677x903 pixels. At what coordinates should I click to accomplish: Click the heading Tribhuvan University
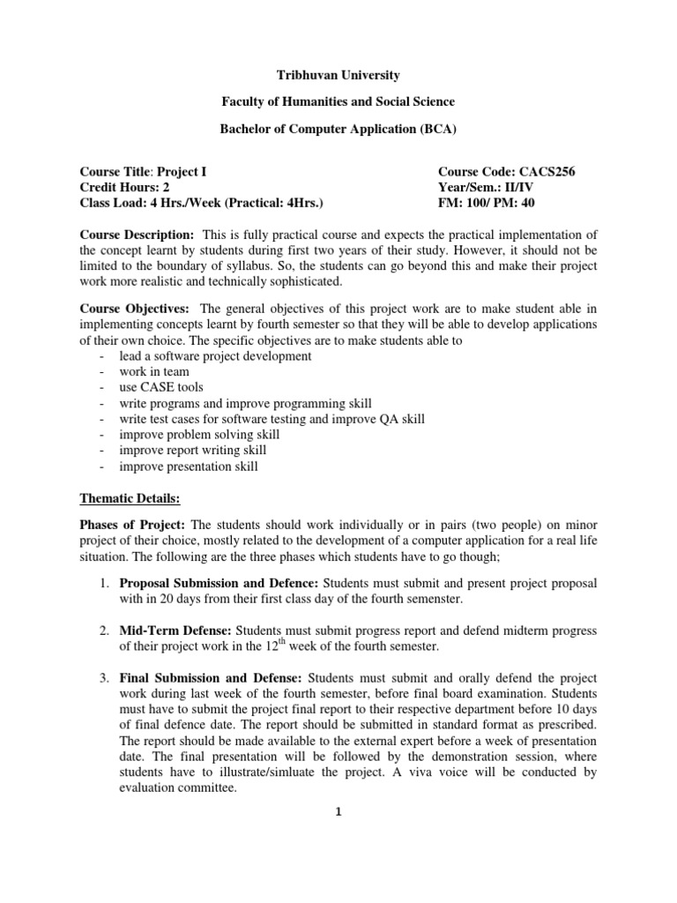(338, 77)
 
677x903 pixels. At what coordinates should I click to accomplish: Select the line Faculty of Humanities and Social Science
(338, 102)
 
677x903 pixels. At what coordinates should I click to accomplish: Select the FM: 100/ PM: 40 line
(486, 204)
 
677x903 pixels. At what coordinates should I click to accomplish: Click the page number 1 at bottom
(338, 813)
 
